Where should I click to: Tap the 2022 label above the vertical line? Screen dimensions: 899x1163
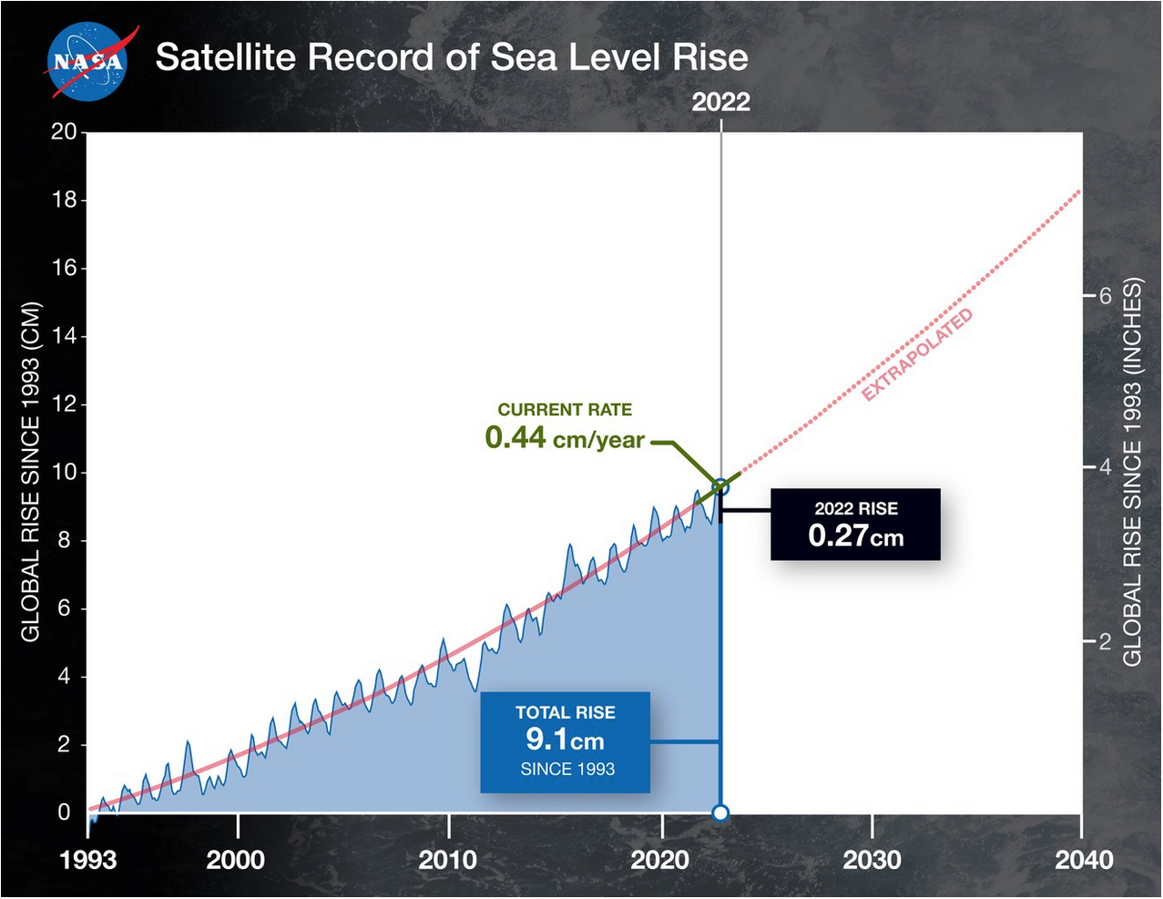pyautogui.click(x=720, y=102)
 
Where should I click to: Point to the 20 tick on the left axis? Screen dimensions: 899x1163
pyautogui.click(x=64, y=131)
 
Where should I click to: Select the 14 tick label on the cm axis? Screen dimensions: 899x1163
pyautogui.click(x=64, y=336)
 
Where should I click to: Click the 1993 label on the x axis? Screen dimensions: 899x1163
pyautogui.click(x=88, y=859)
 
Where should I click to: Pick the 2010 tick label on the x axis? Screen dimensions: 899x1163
pyautogui.click(x=448, y=859)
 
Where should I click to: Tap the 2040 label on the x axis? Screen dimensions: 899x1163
pyautogui.click(x=1084, y=859)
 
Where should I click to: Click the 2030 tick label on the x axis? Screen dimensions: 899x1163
pyautogui.click(x=872, y=859)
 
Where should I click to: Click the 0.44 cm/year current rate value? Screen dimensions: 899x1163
pyautogui.click(x=564, y=438)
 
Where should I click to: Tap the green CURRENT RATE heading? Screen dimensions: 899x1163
pyautogui.click(x=565, y=410)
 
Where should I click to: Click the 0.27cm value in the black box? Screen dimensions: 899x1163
pyautogui.click(x=855, y=536)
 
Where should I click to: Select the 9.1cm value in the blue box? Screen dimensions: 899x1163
pyautogui.click(x=565, y=740)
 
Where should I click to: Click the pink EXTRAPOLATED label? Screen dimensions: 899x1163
pyautogui.click(x=918, y=354)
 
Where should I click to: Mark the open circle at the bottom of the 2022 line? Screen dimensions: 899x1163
pyautogui.click(x=720, y=812)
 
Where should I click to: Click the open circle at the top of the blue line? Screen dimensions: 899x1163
pyautogui.click(x=720, y=487)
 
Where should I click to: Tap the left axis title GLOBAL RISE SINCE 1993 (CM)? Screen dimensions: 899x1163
pyautogui.click(x=31, y=472)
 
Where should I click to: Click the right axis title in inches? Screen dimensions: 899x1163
pyautogui.click(x=1132, y=472)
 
